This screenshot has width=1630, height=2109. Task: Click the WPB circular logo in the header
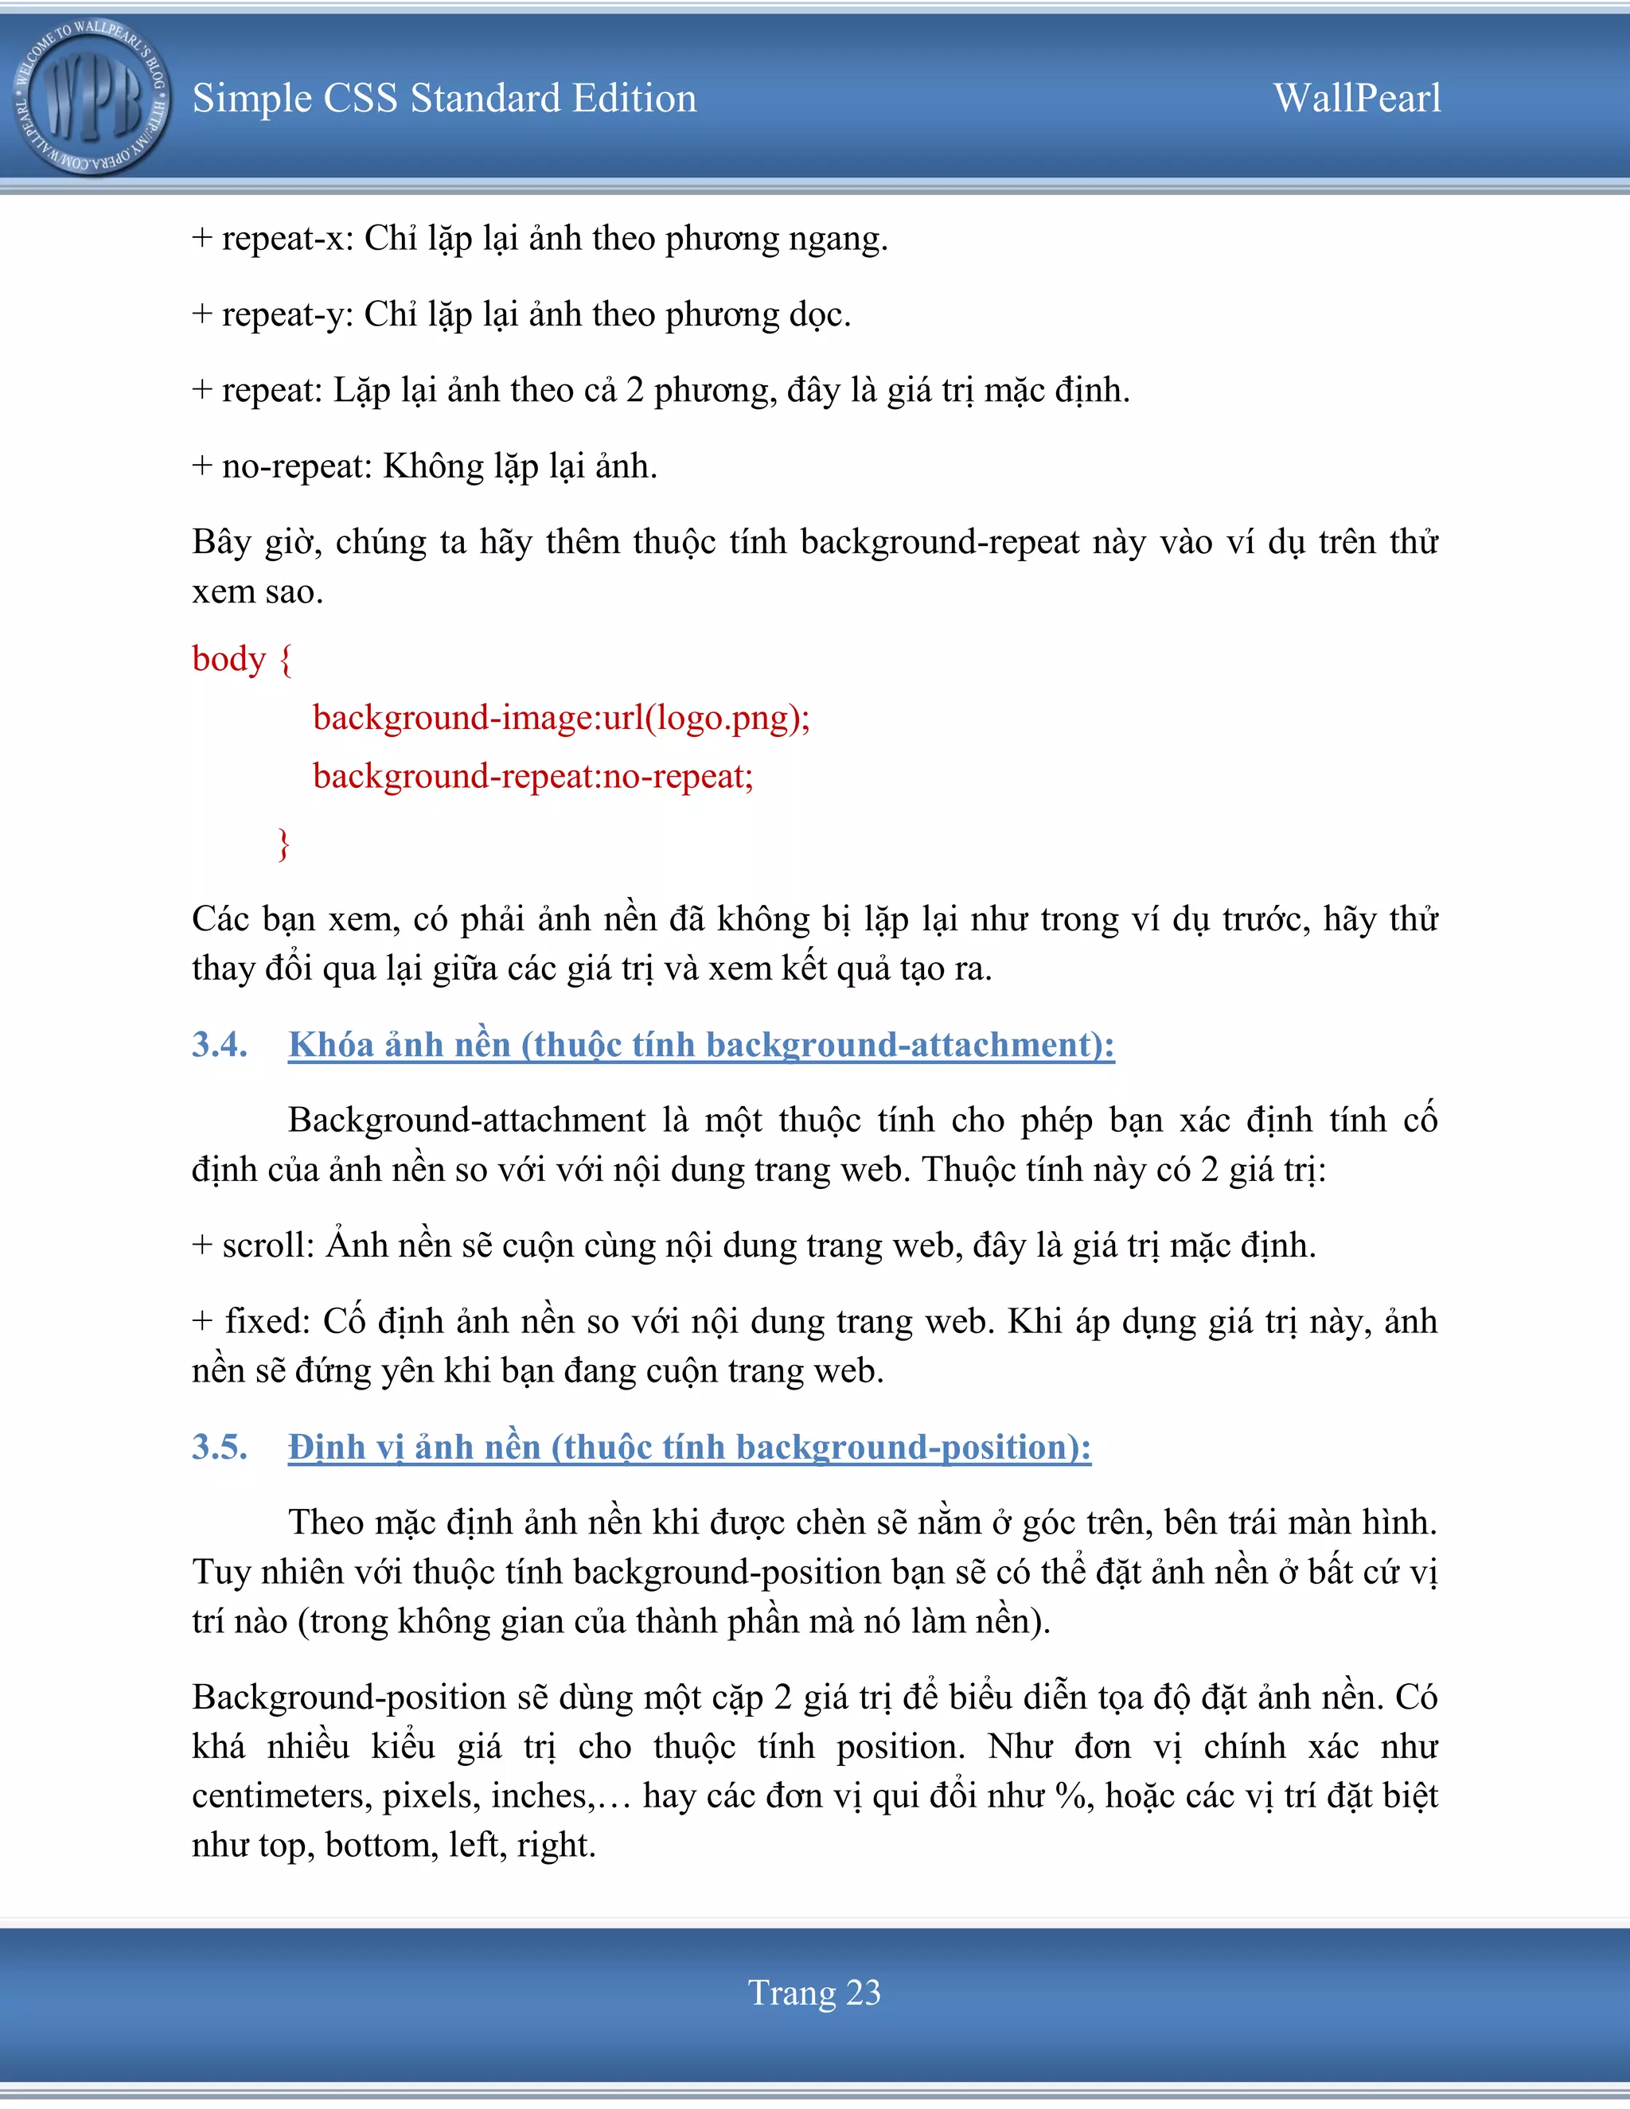(92, 98)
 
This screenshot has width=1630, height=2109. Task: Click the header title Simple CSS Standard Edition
(444, 99)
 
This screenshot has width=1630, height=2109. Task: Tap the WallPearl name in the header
(1357, 99)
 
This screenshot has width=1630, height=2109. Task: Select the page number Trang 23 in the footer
(814, 1992)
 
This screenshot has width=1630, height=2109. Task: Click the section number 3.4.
(219, 1045)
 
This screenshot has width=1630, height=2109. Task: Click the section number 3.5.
(219, 1447)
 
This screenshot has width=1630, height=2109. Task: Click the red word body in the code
(229, 660)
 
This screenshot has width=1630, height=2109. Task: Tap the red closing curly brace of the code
(283, 843)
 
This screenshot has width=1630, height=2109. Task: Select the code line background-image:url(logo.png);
(561, 719)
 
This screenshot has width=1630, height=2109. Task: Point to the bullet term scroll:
(268, 1246)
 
